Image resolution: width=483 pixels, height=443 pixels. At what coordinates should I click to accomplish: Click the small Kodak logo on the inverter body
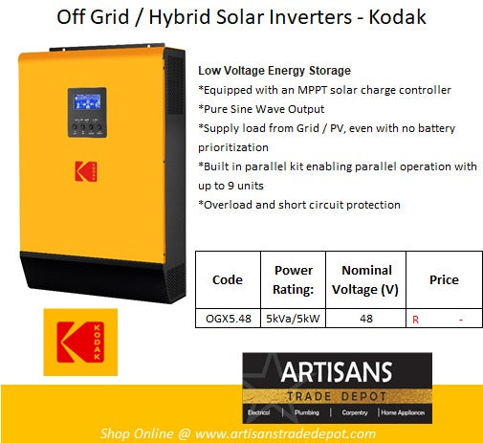pyautogui.click(x=85, y=173)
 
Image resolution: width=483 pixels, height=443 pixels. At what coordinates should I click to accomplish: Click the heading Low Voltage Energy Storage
pyautogui.click(x=260, y=71)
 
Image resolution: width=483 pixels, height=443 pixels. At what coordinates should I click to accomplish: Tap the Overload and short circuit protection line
pyautogui.click(x=299, y=205)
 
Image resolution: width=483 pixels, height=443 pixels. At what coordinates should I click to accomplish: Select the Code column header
pyautogui.click(x=226, y=279)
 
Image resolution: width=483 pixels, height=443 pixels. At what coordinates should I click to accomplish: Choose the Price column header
pyautogui.click(x=443, y=279)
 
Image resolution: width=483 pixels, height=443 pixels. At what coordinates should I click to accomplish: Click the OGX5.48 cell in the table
pyautogui.click(x=227, y=320)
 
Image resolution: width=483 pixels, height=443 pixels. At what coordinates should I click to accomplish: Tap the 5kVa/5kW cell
pyautogui.click(x=293, y=320)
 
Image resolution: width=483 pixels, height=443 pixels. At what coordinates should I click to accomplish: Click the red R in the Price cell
pyautogui.click(x=415, y=321)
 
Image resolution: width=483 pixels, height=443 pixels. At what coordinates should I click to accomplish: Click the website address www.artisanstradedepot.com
pyautogui.click(x=286, y=433)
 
